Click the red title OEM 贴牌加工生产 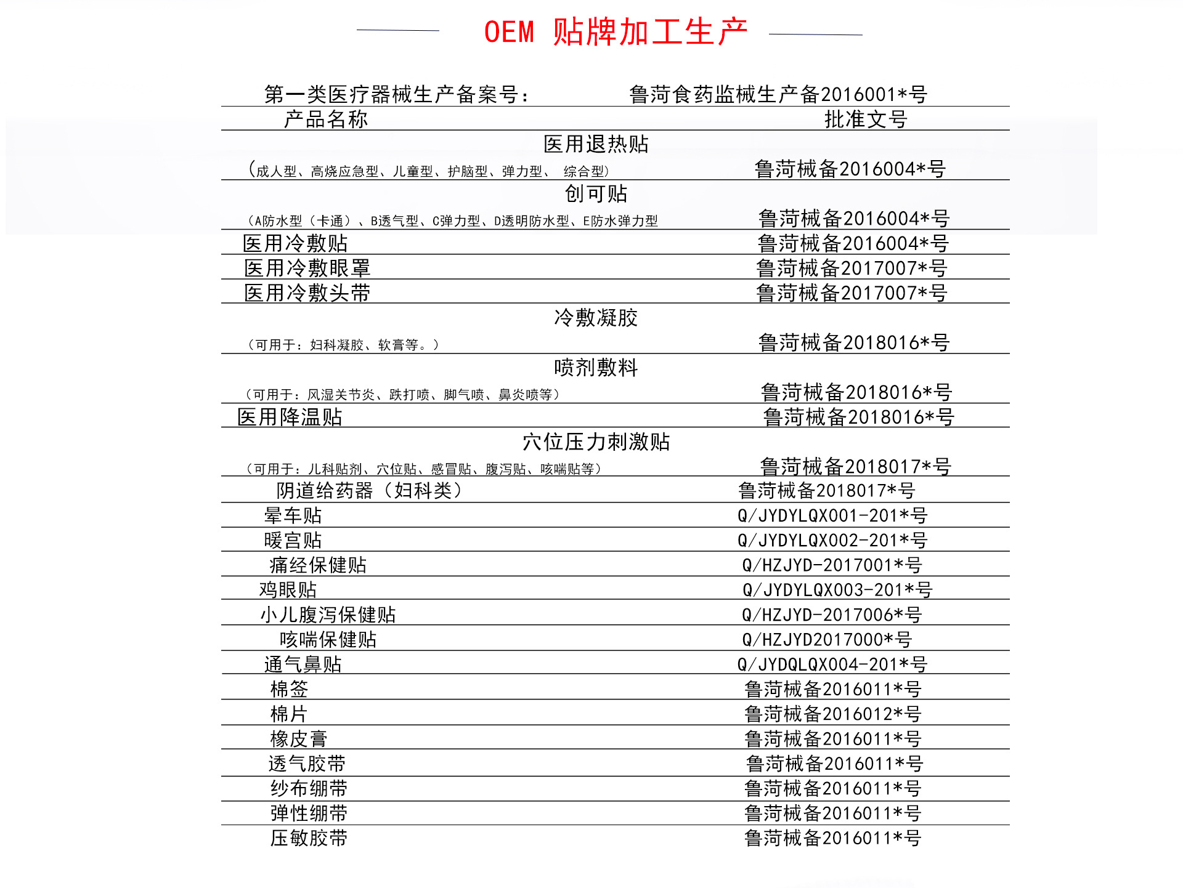coord(615,32)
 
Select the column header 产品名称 coord(325,119)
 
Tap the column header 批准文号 coord(866,119)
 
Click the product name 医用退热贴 coord(596,144)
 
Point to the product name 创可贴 coord(596,193)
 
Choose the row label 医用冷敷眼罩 coord(307,268)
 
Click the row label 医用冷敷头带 coord(307,293)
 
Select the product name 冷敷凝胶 coord(596,318)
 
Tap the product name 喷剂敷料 coord(596,368)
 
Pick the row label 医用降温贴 coord(290,417)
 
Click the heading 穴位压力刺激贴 coord(596,442)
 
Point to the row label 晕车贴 coord(293,515)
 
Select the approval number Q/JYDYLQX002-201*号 coord(832,540)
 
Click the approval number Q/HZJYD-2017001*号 coord(832,565)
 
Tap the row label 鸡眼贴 coord(288,589)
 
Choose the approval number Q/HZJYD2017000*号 coord(827,639)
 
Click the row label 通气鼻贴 coord(303,664)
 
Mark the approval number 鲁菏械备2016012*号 coord(832,714)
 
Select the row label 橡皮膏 coord(298,738)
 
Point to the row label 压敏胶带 coord(309,838)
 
